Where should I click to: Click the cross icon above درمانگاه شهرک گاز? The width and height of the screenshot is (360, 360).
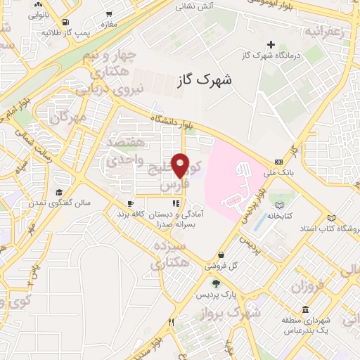(x=271, y=44)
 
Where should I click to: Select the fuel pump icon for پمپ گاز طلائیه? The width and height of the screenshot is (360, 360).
(x=65, y=22)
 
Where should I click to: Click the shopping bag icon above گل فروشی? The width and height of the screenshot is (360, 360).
(x=222, y=255)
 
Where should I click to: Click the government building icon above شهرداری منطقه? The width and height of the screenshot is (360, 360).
(x=305, y=310)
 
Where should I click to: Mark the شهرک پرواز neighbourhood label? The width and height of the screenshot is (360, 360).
(x=236, y=309)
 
